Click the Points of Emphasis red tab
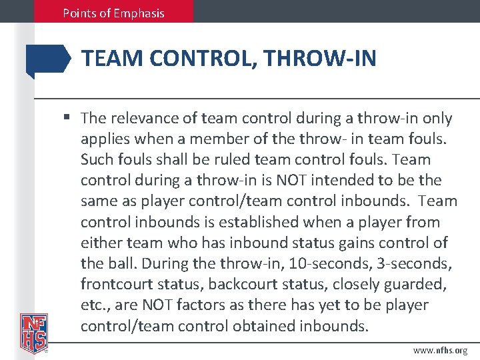[x=114, y=13]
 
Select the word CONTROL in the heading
[x=201, y=59]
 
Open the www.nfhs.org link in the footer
[x=440, y=350]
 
